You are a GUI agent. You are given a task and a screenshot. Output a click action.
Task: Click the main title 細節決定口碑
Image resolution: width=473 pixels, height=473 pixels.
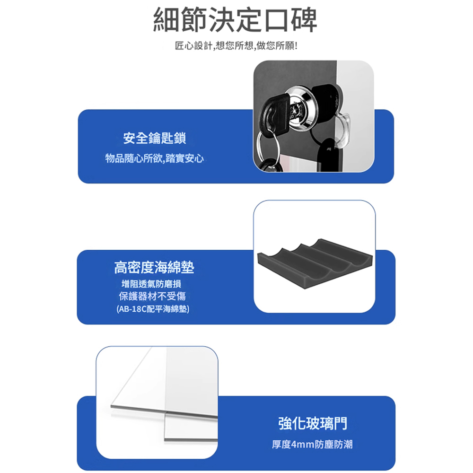235,19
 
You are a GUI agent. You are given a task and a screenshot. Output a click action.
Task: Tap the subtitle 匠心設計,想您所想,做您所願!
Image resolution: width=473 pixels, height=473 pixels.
236,46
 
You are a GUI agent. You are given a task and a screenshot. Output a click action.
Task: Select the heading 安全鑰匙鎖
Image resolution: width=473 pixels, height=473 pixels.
155,138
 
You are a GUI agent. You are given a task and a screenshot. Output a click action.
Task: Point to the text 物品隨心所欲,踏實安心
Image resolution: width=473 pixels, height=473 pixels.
155,158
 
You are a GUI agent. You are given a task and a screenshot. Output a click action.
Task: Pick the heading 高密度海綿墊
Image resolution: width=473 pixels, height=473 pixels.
154,267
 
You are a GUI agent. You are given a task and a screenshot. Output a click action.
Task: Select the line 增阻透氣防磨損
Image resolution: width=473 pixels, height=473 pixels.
151,284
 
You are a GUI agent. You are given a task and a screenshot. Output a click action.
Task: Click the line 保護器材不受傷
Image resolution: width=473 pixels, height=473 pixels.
152,296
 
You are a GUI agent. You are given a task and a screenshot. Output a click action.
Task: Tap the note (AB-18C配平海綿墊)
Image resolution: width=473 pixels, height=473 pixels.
153,309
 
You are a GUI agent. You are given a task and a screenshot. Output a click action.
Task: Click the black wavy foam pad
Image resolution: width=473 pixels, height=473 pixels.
315,264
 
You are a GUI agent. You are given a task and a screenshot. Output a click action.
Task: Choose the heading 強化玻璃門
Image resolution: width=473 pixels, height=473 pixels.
313,423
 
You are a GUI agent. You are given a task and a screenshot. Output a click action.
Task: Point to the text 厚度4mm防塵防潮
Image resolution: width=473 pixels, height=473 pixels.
312,444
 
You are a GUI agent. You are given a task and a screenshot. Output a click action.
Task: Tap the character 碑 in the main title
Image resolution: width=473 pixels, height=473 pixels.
304,19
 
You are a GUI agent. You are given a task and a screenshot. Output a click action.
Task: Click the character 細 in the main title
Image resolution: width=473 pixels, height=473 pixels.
167,19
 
